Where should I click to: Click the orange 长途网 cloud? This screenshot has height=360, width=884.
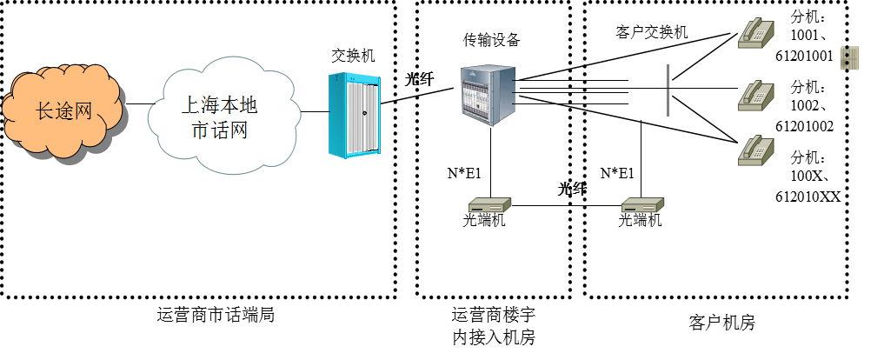pos(63,110)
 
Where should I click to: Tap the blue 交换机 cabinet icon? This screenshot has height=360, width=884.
pos(354,115)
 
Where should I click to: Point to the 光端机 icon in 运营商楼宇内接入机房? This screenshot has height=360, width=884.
pos(489,205)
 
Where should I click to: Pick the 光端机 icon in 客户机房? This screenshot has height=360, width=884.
pos(642,205)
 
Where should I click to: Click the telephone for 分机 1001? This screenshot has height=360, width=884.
pos(755,31)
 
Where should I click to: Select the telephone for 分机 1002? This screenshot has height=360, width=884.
pos(755,96)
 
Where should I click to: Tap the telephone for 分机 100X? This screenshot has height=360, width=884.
pos(755,150)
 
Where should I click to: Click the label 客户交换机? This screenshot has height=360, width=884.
pos(651,31)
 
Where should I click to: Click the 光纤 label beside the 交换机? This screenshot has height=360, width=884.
pos(420,79)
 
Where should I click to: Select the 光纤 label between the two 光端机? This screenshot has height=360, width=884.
pos(572,189)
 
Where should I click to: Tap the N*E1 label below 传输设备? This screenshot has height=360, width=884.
pos(464,173)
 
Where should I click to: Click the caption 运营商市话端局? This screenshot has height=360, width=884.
pos(216,314)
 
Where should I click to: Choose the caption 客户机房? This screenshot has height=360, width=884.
pos(721,323)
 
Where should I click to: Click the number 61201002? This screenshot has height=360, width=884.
pos(804,126)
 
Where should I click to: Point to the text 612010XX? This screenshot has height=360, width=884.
pos(808,197)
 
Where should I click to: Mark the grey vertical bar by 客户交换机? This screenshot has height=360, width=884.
pos(668,90)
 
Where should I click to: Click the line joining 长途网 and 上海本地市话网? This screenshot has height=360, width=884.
pos(141,103)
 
